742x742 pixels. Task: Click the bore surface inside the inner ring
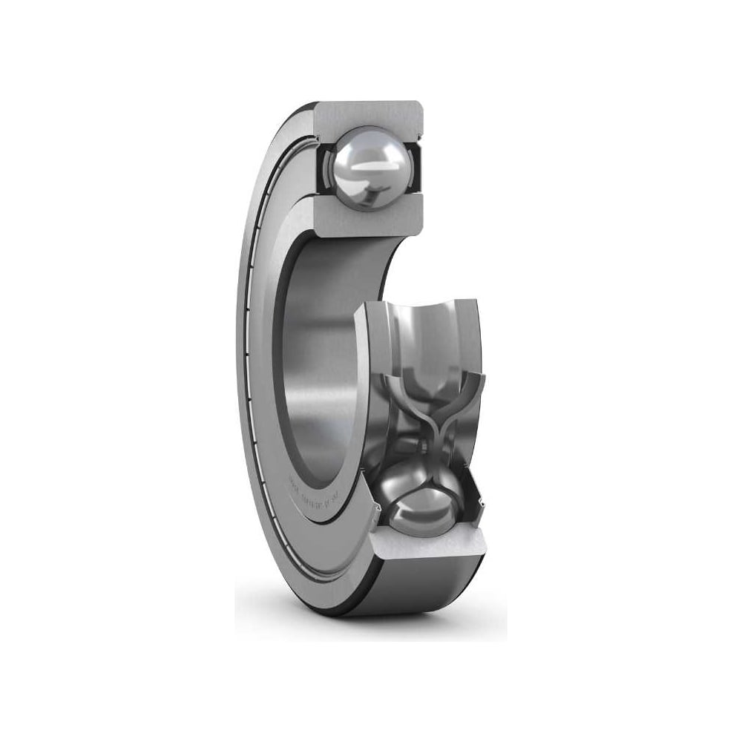[x=319, y=349]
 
